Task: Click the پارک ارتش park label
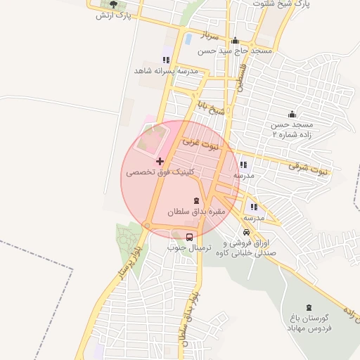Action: (110, 14)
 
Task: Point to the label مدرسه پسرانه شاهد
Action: (167, 71)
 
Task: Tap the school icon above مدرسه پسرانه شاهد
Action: (166, 60)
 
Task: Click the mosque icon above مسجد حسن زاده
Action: (292, 115)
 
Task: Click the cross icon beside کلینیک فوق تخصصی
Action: (160, 162)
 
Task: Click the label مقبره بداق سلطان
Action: (195, 211)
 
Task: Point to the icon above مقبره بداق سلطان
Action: (195, 201)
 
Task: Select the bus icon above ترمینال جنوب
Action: (190, 236)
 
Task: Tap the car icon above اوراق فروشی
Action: (245, 232)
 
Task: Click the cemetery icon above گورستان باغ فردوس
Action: (309, 307)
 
